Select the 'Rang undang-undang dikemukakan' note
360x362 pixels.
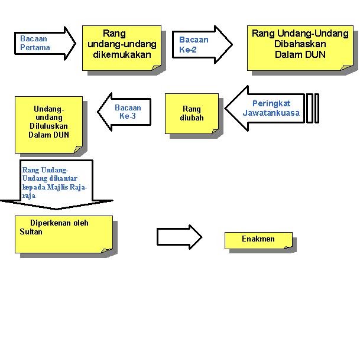[122, 48]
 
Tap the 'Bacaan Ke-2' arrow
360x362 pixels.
[205, 44]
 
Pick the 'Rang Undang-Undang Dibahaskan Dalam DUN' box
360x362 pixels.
[300, 47]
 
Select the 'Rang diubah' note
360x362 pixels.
[192, 113]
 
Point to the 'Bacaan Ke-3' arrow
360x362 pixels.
[124, 112]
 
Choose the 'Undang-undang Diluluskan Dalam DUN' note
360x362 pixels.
[48, 124]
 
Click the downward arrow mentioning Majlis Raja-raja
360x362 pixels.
[56, 183]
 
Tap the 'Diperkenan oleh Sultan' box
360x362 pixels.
[63, 234]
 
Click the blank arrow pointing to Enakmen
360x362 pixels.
[179, 237]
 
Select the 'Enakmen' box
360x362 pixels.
[258, 240]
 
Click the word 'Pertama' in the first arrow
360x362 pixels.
[33, 47]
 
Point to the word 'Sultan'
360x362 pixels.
[27, 231]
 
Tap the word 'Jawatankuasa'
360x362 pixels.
[271, 113]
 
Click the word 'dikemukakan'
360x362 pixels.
[122, 54]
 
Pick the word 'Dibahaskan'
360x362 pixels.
[300, 44]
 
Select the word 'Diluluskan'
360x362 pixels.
[48, 126]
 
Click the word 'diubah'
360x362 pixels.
[192, 118]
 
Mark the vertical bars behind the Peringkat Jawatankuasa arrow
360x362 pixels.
[313, 109]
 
